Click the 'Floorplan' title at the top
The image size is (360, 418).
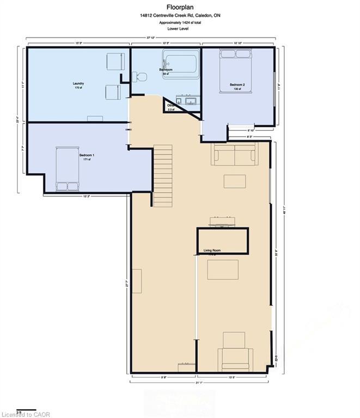[x=180, y=7]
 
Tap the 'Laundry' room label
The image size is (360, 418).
[x=78, y=83]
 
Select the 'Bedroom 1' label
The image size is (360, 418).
[x=87, y=156]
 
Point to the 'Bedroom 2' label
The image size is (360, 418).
[x=237, y=85]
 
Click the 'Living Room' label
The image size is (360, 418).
[x=212, y=250]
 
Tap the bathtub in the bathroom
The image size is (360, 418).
[x=181, y=64]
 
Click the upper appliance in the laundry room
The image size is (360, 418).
[x=114, y=61]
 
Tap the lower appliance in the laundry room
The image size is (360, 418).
[x=113, y=93]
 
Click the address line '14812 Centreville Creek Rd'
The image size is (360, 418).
[x=179, y=16]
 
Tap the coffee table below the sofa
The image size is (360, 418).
[x=235, y=181]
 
